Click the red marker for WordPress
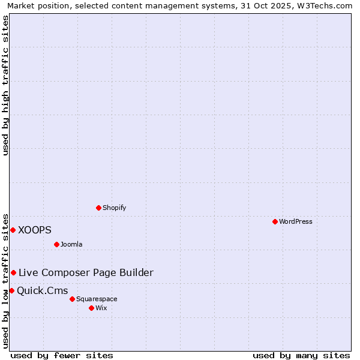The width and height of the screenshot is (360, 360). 275,221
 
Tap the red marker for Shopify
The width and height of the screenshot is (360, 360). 99,208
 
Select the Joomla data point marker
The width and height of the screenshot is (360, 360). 57,244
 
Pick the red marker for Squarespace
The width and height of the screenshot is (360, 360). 73,299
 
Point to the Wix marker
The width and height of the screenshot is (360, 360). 92,308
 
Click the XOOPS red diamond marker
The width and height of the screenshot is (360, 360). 13,230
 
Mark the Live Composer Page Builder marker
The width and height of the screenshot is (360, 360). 13,272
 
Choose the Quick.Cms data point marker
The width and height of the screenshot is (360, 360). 11,291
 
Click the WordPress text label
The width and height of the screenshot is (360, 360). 296,221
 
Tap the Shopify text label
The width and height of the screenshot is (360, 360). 114,208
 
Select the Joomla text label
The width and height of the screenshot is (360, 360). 71,244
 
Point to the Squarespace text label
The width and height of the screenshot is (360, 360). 97,299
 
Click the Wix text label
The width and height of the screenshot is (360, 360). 101,308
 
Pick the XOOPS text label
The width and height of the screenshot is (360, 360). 35,230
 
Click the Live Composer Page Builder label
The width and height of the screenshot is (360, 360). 86,272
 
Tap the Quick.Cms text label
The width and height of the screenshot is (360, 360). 42,291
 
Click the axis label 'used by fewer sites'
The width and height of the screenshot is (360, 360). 62,355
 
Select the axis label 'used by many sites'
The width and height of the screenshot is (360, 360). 301,355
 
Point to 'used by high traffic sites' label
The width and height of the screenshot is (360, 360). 6,85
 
